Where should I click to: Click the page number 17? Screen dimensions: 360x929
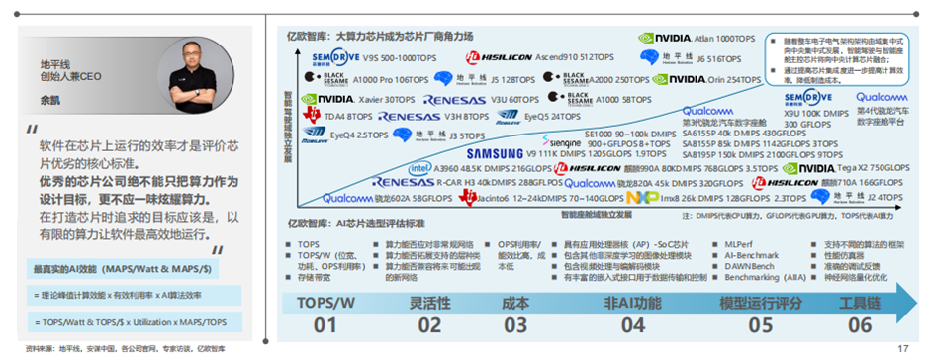coord(902,348)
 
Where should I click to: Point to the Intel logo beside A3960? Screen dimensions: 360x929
coord(419,169)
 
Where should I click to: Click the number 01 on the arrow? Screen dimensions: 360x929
coord(332,325)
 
